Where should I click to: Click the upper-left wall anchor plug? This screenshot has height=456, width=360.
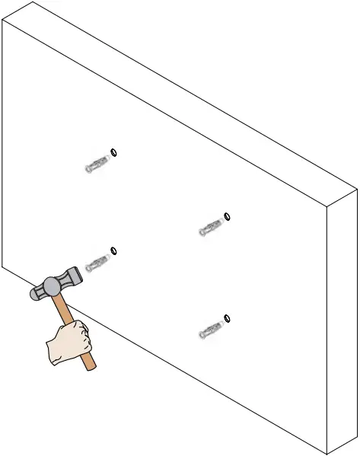click(x=95, y=164)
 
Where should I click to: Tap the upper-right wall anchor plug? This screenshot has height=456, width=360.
click(x=209, y=227)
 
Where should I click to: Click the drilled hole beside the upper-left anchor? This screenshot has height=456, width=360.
click(x=114, y=151)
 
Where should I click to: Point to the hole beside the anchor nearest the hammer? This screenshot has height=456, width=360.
click(x=114, y=250)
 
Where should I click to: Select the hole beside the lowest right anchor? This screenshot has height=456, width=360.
click(x=228, y=317)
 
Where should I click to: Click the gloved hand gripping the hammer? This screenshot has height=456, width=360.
click(x=69, y=342)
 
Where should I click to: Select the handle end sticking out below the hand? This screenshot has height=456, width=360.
click(x=91, y=365)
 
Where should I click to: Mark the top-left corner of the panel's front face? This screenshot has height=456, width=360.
click(x=2, y=21)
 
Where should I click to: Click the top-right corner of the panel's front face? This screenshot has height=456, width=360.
click(x=327, y=206)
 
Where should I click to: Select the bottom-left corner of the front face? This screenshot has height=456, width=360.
click(x=2, y=268)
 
